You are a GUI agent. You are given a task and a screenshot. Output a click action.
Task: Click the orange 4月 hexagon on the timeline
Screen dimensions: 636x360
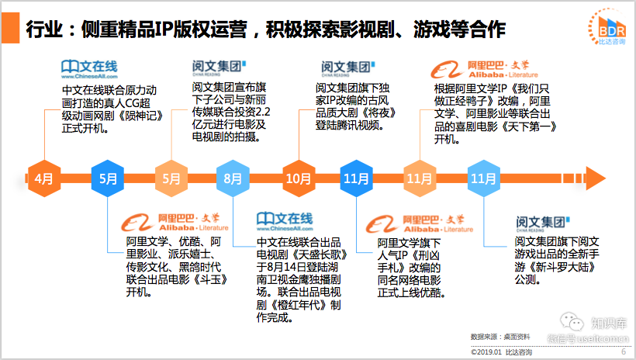pos(44,178)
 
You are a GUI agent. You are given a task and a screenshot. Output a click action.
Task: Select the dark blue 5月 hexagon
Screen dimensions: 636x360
pos(108,178)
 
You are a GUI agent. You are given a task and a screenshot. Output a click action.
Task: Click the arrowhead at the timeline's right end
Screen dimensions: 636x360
pos(593,178)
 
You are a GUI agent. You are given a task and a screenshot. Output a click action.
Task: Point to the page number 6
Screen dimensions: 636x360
pos(623,351)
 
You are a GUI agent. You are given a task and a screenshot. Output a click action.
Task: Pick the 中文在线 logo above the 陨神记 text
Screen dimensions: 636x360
pos(88,68)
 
